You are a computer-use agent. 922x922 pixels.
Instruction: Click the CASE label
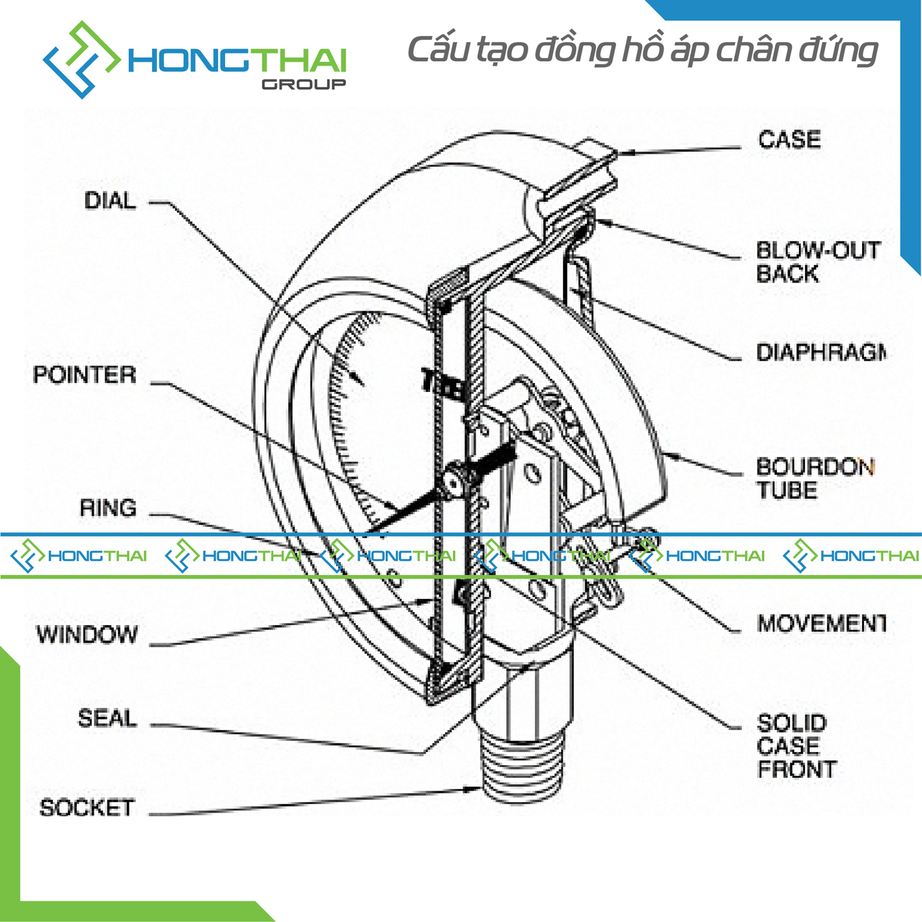pos(789,140)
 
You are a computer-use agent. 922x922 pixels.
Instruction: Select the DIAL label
pos(110,201)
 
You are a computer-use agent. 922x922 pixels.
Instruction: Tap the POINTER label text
pos(85,375)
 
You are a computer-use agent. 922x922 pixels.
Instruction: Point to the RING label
pos(107,508)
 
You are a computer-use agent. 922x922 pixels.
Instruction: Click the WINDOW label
pos(87,635)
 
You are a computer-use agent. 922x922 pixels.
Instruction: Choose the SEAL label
pos(107,718)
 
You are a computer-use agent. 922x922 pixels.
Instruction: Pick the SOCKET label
pos(87,808)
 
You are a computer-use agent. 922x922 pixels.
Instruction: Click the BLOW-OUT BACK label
pos(817,262)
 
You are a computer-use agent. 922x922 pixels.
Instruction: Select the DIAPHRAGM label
pos(820,353)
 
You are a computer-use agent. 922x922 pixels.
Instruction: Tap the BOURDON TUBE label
pos(813,479)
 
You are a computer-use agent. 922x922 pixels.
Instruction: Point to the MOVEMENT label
pos(820,624)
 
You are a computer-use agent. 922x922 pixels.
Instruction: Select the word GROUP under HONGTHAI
pos(303,85)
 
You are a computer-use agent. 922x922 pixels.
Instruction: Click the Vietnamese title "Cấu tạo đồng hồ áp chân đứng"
pos(642,51)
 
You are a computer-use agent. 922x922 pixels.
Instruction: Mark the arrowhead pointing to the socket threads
pos(474,789)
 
